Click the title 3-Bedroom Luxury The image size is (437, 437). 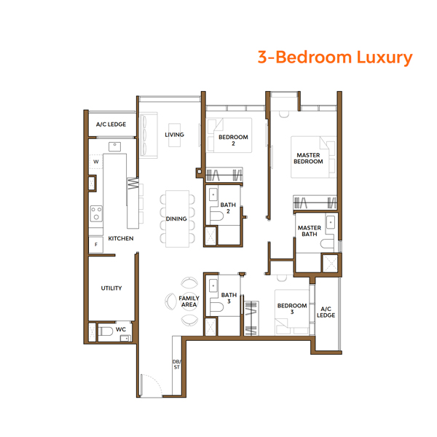point(334,57)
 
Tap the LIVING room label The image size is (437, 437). point(174,135)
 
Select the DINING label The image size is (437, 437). point(176,219)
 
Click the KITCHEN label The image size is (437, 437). point(120,239)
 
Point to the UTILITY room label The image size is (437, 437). point(111,288)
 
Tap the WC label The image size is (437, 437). point(121,329)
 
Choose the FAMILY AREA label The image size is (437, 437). point(189,302)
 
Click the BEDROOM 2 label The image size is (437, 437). point(233,141)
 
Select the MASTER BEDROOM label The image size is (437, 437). point(308,158)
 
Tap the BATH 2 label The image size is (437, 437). point(229,208)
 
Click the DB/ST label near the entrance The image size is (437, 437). point(176,365)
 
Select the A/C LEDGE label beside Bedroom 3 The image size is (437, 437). point(326,312)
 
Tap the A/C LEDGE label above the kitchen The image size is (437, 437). point(111,125)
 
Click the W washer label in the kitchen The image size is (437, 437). point(95,162)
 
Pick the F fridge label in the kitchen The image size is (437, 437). point(95,245)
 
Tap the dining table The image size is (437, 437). point(176,218)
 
